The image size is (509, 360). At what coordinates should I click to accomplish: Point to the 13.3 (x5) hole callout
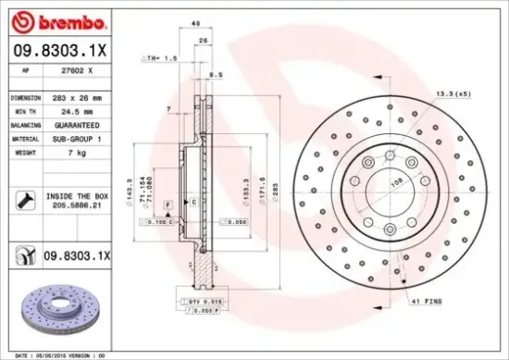tap(453, 94)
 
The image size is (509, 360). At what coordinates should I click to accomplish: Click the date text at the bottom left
tap(55, 354)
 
